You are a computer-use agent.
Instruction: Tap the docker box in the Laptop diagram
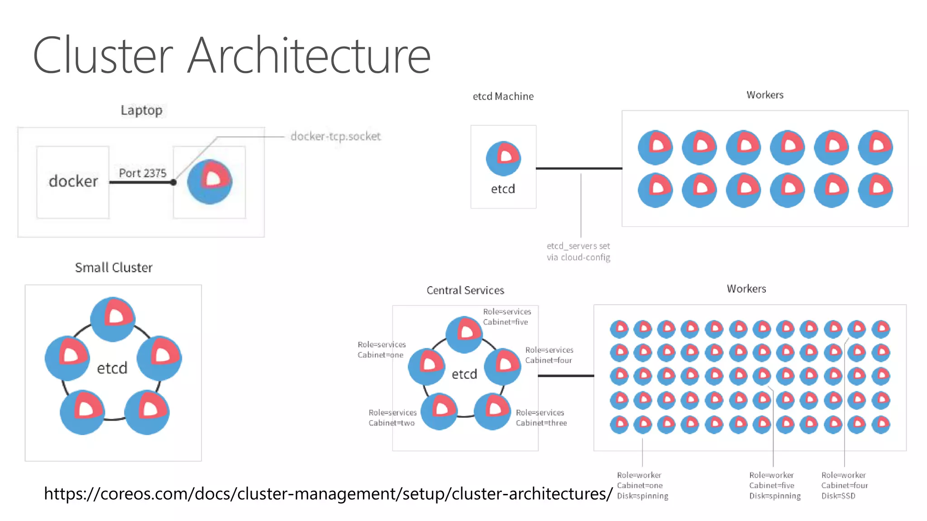pos(73,182)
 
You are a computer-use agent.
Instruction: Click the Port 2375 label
pos(143,173)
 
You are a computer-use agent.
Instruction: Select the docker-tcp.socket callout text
pos(335,136)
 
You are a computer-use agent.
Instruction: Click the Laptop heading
pos(141,110)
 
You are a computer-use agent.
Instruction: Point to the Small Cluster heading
pos(114,268)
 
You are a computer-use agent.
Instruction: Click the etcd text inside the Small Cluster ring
pos(112,368)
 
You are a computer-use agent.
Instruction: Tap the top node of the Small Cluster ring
pos(113,319)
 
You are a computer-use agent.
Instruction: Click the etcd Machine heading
pos(503,96)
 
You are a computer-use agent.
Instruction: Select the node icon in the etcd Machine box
pos(503,158)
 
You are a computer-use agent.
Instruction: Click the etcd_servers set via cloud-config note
pos(578,251)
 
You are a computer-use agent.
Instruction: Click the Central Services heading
pos(465,290)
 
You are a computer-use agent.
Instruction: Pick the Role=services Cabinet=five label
pos(507,317)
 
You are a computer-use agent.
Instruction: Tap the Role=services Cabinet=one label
pos(382,350)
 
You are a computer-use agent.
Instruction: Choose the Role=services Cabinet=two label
pos(392,418)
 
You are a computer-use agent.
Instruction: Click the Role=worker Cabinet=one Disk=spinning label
pos(642,485)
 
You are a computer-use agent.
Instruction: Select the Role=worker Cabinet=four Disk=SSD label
pos(845,485)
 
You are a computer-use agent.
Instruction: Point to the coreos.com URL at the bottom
pos(328,493)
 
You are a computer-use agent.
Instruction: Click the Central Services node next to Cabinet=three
pos(492,411)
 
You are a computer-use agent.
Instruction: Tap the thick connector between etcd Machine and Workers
pos(579,168)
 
